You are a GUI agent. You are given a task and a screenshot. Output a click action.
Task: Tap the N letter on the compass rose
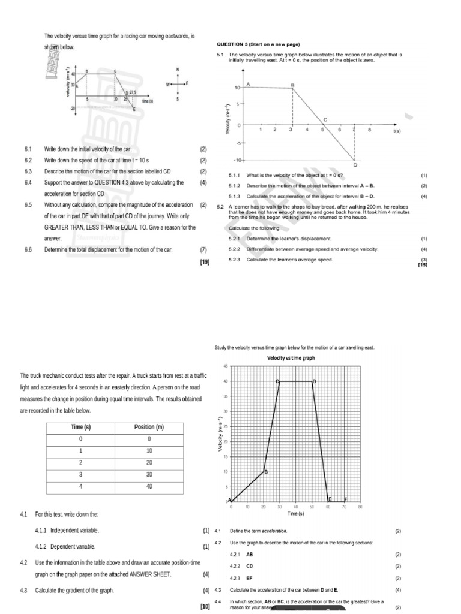(x=178, y=69)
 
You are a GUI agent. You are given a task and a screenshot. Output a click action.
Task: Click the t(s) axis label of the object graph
(x=397, y=130)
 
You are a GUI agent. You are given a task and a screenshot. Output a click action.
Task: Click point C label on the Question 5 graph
(x=325, y=119)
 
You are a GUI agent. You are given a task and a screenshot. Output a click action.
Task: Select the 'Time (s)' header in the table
(x=80, y=427)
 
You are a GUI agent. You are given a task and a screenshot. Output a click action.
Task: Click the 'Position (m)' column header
(x=148, y=427)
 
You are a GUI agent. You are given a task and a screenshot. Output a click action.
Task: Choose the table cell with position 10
(x=148, y=451)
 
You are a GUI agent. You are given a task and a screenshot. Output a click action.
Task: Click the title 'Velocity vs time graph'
(x=291, y=358)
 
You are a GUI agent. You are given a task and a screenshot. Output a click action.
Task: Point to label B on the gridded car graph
(x=266, y=472)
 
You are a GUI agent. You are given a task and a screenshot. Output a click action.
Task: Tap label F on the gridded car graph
(x=345, y=499)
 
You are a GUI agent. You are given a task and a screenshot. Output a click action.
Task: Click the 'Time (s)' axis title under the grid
(x=295, y=514)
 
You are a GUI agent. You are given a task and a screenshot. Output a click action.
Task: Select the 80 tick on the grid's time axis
(x=360, y=507)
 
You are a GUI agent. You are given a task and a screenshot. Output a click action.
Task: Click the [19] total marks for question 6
(x=204, y=261)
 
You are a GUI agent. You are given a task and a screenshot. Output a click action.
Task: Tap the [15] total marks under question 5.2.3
(x=422, y=264)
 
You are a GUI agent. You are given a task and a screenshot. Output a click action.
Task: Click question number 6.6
(x=28, y=250)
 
